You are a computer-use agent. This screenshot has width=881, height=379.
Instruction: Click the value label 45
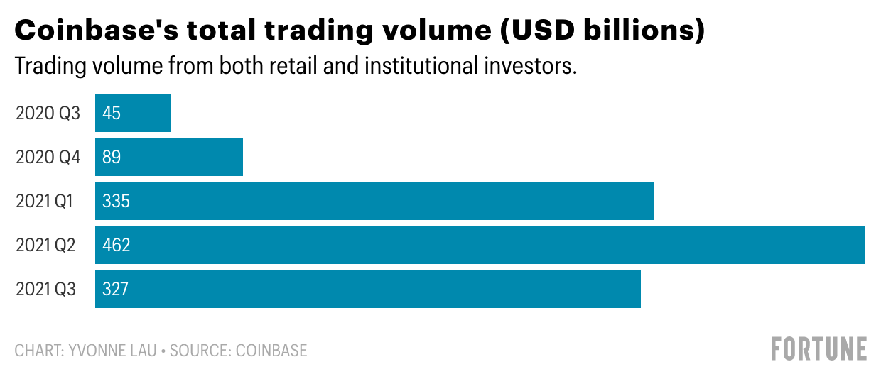(x=112, y=113)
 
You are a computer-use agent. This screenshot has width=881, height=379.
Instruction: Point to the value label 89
(x=112, y=157)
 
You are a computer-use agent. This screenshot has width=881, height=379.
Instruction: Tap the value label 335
(x=116, y=201)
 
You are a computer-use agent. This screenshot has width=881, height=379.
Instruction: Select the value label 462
(x=116, y=245)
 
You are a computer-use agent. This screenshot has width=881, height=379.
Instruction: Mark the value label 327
(x=116, y=289)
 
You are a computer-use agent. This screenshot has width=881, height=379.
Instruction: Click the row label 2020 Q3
(x=48, y=113)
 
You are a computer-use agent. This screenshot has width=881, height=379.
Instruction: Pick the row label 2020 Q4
(x=48, y=157)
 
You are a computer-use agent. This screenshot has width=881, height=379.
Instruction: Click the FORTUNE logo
(x=818, y=349)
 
